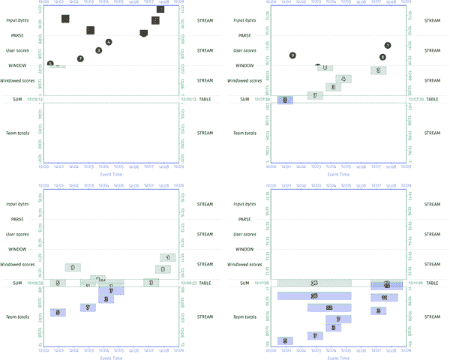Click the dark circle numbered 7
tap(80, 58)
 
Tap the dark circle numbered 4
tap(109, 43)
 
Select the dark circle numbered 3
tap(98, 50)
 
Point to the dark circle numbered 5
tap(50, 64)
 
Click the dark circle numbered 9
tap(292, 55)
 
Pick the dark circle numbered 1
tap(387, 46)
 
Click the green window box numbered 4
tap(342, 78)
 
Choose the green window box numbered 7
tap(315, 95)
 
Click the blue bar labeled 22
tap(330, 307)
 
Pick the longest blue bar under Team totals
tap(314, 296)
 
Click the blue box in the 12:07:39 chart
tap(285, 100)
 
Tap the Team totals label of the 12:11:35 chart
tap(246, 317)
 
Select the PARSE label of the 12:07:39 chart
tap(246, 35)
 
